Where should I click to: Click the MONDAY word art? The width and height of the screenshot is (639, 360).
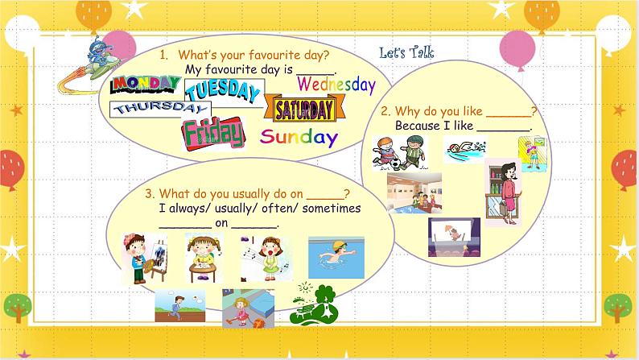point(145,84)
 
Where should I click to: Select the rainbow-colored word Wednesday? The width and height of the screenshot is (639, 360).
point(336,84)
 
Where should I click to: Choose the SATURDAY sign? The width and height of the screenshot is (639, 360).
point(303,109)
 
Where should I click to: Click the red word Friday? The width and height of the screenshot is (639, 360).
point(212,133)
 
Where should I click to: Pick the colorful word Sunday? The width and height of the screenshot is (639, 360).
point(299,137)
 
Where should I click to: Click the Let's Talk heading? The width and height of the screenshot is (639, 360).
point(406,53)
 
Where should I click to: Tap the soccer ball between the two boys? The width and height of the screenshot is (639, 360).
point(398,163)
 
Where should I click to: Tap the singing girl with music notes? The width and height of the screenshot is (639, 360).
point(266,258)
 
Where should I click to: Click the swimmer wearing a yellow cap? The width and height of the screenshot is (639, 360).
point(336,258)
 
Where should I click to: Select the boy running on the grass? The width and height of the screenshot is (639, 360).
point(179,307)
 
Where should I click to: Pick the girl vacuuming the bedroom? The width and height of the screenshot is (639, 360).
point(248,308)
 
